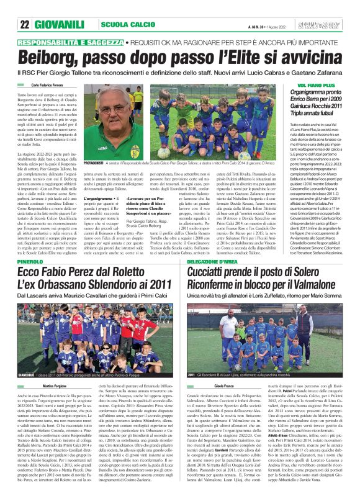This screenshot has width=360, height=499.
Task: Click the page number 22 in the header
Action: coord(25,24)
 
